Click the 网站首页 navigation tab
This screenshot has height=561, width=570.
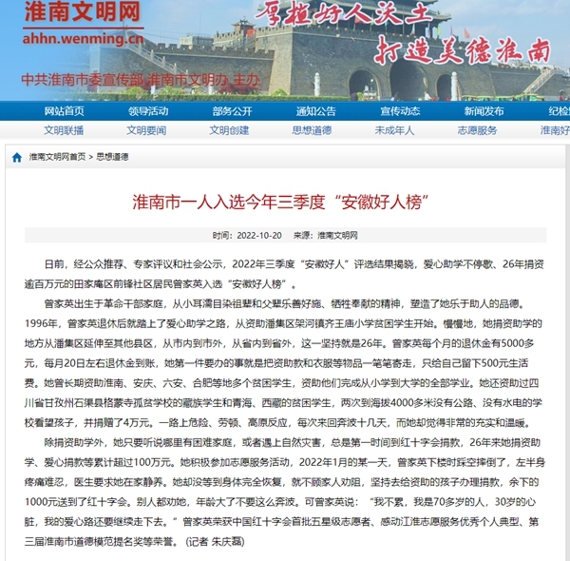[64, 111]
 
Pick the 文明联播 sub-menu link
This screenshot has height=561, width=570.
[64, 130]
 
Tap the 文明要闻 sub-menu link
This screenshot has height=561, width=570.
[146, 130]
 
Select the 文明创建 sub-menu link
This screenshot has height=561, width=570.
[229, 130]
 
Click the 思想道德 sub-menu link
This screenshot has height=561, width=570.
[312, 130]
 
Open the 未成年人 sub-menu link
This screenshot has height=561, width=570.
[394, 130]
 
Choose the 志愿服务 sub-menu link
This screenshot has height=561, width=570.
[478, 130]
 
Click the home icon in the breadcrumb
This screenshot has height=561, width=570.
[17, 158]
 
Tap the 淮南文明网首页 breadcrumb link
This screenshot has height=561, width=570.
[57, 157]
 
